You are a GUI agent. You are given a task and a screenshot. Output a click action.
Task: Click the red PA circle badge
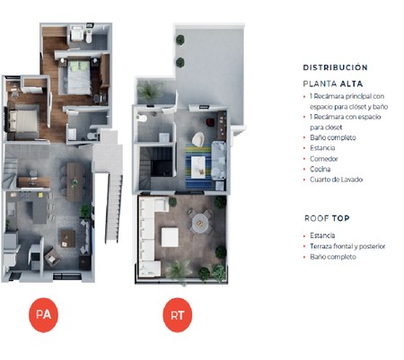pyautogui.click(x=43, y=315)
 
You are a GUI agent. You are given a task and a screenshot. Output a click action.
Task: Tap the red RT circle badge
pyautogui.click(x=178, y=315)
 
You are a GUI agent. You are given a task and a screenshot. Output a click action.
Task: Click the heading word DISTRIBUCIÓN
pyautogui.click(x=335, y=67)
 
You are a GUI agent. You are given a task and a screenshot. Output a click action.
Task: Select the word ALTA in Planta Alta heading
pyautogui.click(x=351, y=83)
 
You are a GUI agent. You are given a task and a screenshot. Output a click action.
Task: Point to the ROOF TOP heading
pyautogui.click(x=327, y=218)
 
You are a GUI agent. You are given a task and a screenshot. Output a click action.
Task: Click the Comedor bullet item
pyautogui.click(x=324, y=159)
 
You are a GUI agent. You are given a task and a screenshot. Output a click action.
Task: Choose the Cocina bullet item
pyautogui.click(x=321, y=169)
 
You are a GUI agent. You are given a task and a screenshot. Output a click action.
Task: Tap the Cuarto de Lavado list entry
pyautogui.click(x=336, y=180)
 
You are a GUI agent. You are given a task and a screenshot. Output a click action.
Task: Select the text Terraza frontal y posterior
pyautogui.click(x=347, y=246)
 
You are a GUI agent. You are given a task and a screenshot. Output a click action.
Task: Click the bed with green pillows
pyautogui.click(x=79, y=77)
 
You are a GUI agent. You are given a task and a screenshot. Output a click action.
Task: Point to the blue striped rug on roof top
pyautogui.click(x=198, y=166)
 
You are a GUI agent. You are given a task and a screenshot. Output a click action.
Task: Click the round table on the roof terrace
pyautogui.click(x=200, y=222)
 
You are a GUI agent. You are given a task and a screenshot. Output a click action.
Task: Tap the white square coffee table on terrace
pyautogui.click(x=170, y=237)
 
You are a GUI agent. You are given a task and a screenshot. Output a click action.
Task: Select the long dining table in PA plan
pyautogui.click(x=75, y=182)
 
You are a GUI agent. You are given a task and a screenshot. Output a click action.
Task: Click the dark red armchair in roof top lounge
pyautogui.click(x=210, y=122)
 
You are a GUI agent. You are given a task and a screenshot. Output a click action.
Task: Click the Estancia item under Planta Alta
pyautogui.click(x=322, y=148)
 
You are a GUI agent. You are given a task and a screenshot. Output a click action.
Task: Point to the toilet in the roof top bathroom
pyautogui.click(x=142, y=119)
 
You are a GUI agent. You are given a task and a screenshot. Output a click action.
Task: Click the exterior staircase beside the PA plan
pyautogui.click(x=113, y=206)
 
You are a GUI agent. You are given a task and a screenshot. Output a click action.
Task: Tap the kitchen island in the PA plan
pyautogui.click(x=40, y=208)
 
